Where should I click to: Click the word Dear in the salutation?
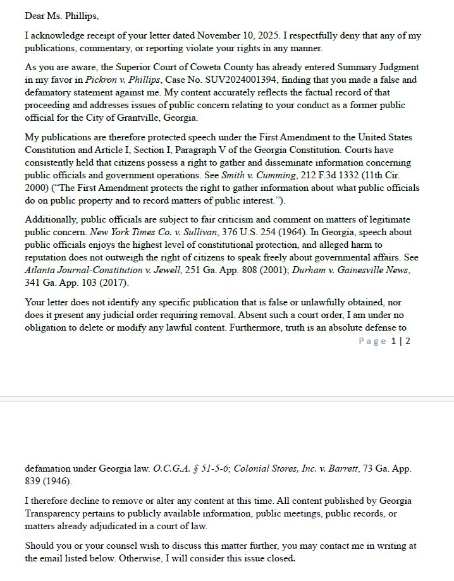coord(35,15)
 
